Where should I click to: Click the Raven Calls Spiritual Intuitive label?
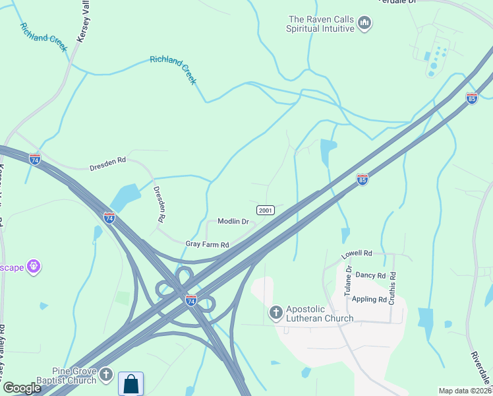pos(320,24)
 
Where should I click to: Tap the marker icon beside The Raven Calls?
pos(364,24)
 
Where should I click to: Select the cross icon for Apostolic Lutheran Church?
pos(275,312)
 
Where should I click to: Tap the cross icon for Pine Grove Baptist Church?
pos(106,376)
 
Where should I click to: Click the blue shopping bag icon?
pos(131,384)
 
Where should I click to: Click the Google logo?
pos(22,388)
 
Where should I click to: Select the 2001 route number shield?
pos(266,211)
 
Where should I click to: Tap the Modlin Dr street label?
pos(233,222)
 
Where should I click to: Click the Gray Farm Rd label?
pos(207,244)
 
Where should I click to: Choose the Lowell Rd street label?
pos(357,253)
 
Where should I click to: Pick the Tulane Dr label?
pos(349,284)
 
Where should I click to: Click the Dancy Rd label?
pos(370,275)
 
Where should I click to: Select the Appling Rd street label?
pos(370,299)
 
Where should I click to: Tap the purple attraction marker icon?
pos(34,267)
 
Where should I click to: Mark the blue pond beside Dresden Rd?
pos(125,196)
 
